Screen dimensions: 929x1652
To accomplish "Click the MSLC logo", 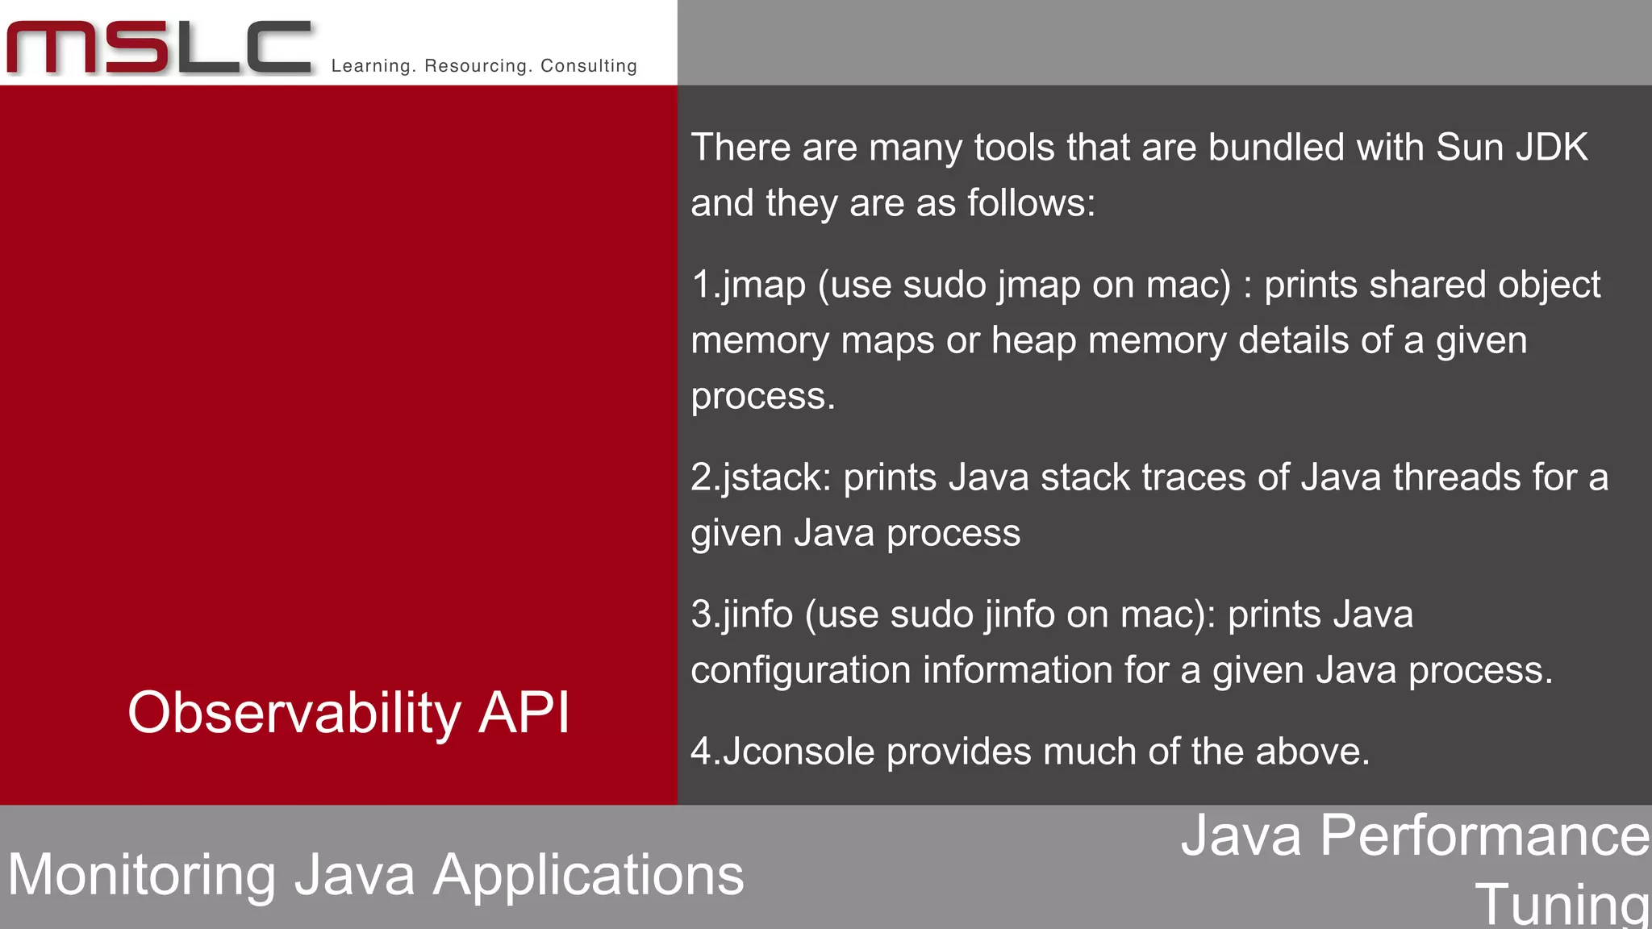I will click(x=159, y=48).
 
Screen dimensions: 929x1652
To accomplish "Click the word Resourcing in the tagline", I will click(x=474, y=66).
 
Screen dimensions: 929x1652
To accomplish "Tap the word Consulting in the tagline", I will click(x=589, y=66).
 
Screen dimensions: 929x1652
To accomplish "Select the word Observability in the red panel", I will click(x=294, y=713).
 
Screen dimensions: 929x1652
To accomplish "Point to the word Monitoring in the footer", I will click(x=142, y=875).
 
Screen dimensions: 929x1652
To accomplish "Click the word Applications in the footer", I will click(x=588, y=875).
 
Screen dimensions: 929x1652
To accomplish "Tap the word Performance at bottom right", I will click(x=1485, y=835).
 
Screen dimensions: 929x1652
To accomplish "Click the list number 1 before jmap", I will click(x=701, y=285).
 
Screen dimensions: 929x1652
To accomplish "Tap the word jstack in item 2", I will click(x=775, y=477).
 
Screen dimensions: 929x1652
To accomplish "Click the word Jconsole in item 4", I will click(x=799, y=752).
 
